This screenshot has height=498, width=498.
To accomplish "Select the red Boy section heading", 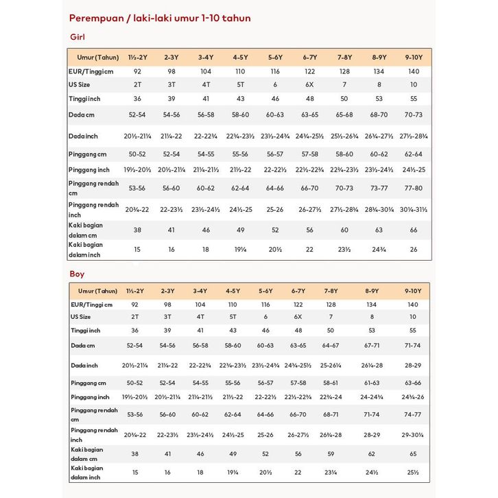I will click(77, 274).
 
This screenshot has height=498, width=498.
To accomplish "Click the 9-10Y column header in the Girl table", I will click(413, 57).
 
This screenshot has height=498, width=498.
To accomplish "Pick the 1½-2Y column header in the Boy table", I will click(136, 291).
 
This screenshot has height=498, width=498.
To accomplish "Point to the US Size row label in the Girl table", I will click(80, 84).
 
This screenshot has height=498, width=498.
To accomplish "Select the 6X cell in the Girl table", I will click(309, 84).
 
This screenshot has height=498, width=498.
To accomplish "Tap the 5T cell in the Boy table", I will click(233, 317).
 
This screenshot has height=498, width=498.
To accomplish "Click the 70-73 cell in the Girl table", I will click(414, 114).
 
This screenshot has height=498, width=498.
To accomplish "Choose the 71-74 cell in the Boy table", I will click(413, 346).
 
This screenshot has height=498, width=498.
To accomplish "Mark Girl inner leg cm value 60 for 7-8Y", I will click(344, 230).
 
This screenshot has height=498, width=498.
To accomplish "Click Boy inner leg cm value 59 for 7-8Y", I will click(331, 453).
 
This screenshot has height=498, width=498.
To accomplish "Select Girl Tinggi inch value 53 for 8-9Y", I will click(379, 99).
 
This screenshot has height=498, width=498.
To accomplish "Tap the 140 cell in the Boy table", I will click(412, 304).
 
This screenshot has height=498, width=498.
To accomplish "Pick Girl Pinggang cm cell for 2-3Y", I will click(169, 154).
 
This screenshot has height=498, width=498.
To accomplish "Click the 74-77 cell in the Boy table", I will click(413, 414).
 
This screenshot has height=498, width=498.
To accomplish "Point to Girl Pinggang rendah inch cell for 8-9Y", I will click(379, 209).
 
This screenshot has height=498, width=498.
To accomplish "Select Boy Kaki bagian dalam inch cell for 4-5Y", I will click(233, 472).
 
